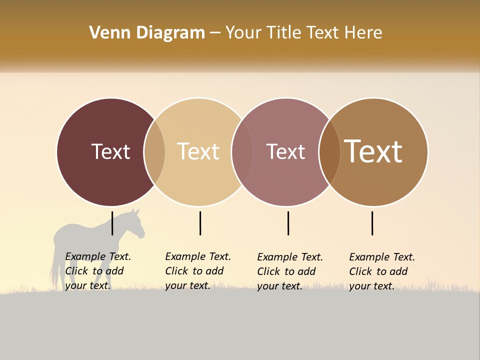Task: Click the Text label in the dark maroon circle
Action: [110, 151]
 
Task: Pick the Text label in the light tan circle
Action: [198, 151]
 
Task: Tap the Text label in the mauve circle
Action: [285, 151]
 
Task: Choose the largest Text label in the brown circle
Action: [373, 151]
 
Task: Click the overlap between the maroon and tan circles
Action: [154, 152]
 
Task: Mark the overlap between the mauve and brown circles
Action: [329, 152]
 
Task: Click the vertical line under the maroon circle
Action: [112, 223]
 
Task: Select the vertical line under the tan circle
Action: [200, 223]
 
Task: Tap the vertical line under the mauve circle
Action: [288, 223]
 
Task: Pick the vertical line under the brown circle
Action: [372, 223]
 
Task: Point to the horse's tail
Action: [53, 270]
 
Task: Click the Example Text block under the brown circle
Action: [381, 271]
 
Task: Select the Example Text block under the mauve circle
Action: [289, 271]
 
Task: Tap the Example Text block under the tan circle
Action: [197, 271]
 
